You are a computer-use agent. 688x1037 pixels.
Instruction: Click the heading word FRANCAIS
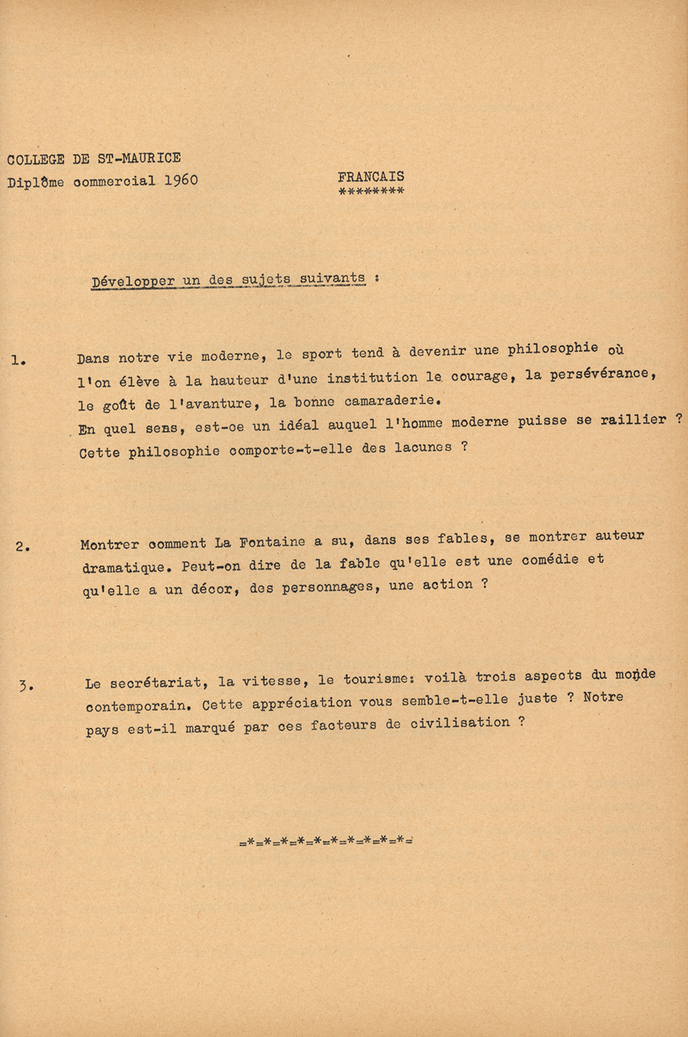tap(371, 177)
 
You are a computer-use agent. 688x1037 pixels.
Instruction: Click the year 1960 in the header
tap(181, 180)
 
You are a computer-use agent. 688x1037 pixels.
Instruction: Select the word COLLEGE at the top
tap(36, 160)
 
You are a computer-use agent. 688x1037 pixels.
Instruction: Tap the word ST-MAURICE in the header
tap(139, 158)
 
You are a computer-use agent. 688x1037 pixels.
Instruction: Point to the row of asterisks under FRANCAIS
tap(371, 191)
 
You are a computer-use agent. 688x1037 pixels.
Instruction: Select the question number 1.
tap(19, 359)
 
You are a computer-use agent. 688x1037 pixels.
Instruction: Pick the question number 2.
tap(23, 547)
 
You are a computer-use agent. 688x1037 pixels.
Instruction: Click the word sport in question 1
tap(322, 354)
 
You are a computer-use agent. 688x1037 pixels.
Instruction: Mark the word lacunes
tap(422, 448)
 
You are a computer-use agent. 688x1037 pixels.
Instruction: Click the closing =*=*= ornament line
tap(326, 841)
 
